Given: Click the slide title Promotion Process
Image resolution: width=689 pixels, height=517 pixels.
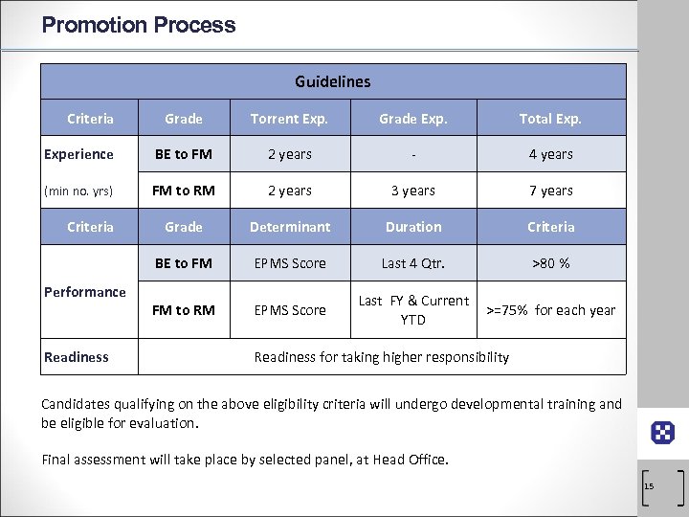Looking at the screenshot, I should [x=139, y=25].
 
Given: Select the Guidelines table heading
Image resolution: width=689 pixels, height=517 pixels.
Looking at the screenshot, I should [x=332, y=82].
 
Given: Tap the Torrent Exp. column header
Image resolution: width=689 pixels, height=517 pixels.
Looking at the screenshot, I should [x=289, y=119].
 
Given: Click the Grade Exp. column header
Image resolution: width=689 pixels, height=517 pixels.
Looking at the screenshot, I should [x=412, y=119].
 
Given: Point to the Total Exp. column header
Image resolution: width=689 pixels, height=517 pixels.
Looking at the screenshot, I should [x=550, y=119].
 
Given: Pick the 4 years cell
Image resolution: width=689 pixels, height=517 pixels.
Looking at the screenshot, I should [x=551, y=154].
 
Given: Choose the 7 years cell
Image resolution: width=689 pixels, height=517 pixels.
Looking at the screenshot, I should [x=551, y=191].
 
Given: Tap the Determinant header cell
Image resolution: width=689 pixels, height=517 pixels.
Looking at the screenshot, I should [x=289, y=227].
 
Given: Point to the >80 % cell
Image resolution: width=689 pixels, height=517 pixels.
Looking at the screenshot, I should [x=551, y=263].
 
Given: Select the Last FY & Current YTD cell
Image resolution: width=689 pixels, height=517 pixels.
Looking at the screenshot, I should [x=413, y=309].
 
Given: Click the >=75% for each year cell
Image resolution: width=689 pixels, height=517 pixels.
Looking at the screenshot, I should [x=551, y=310].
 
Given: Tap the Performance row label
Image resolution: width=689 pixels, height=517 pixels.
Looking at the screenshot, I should [x=85, y=292].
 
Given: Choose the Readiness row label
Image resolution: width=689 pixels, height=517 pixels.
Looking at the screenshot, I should [x=77, y=357].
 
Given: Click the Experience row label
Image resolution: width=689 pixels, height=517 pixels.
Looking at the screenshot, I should [x=78, y=154].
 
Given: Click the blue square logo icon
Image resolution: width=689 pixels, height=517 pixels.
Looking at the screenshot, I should [x=662, y=433].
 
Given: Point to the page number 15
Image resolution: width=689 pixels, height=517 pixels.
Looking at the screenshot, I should [x=649, y=486].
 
